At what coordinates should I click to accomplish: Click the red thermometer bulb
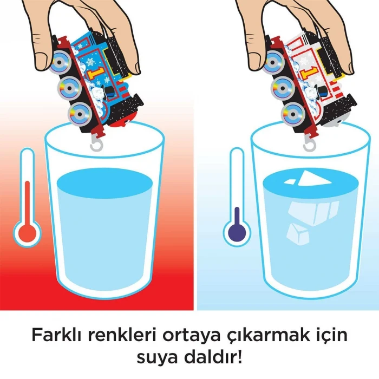tap(28, 234)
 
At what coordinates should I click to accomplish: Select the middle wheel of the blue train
tap(69, 88)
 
